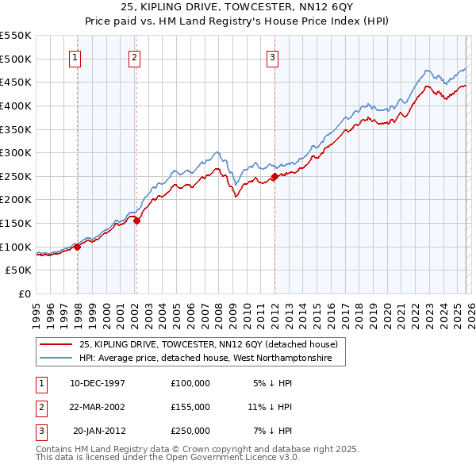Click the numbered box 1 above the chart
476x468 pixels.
pyautogui.click(x=75, y=57)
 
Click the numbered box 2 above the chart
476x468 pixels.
pyautogui.click(x=135, y=57)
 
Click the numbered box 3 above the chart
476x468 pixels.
pyautogui.click(x=272, y=57)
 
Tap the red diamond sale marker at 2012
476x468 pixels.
pyautogui.click(x=274, y=176)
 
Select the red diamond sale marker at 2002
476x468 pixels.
pyautogui.click(x=136, y=221)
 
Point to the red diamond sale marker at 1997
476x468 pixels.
pyautogui.click(x=78, y=247)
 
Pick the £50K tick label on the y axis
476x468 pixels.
pyautogui.click(x=19, y=270)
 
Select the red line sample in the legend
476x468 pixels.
pyautogui.click(x=56, y=344)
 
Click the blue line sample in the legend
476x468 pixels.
pyautogui.click(x=56, y=359)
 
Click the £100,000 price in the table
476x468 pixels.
pyautogui.click(x=190, y=383)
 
